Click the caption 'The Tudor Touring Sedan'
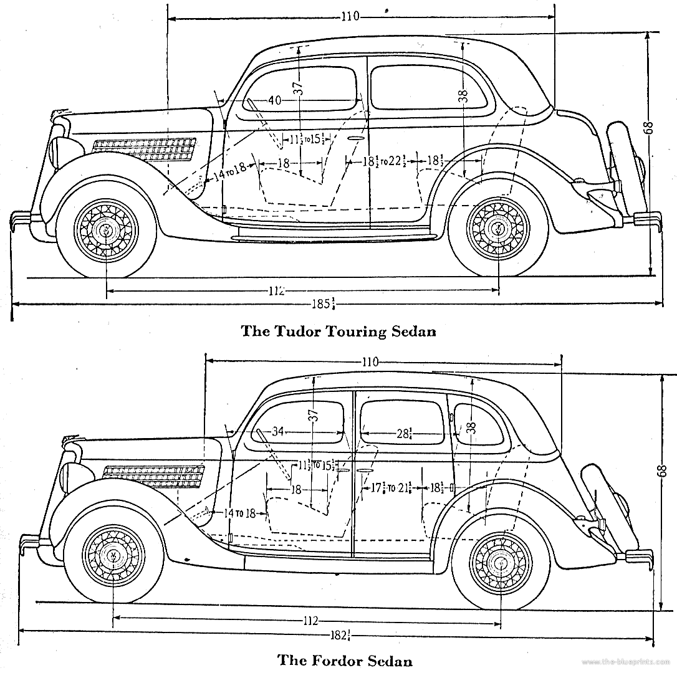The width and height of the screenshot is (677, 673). [338, 331]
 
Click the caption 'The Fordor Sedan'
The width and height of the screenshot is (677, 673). [345, 659]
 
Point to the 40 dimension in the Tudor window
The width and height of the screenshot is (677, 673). [275, 100]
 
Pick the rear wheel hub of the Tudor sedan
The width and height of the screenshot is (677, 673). [499, 229]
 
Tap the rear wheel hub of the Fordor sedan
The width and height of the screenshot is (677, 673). [501, 563]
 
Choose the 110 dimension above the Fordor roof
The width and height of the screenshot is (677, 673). [369, 361]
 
